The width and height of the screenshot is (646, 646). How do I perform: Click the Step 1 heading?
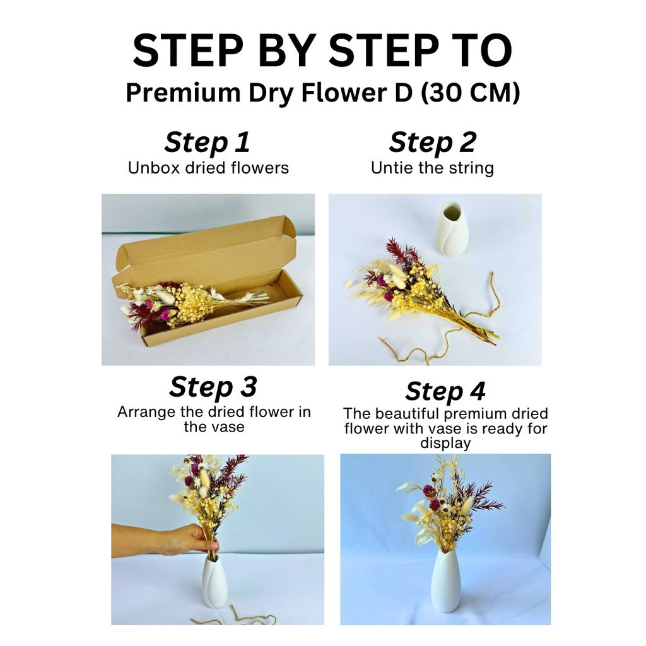pos(207,142)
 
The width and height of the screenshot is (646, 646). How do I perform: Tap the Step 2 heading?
pos(432,142)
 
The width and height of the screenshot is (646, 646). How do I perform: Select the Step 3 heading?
pos(213,387)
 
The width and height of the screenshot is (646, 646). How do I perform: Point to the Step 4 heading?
pos(445,391)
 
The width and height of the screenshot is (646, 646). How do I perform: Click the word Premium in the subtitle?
pos(183,93)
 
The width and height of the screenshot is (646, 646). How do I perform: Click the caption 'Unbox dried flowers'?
pos(208,168)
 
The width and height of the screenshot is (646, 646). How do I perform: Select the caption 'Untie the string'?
pos(432,168)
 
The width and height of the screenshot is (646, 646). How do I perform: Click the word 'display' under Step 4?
pos(445,443)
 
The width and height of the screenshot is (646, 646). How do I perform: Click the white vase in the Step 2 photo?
pos(452,229)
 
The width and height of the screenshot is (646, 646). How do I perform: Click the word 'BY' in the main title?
pos(287,50)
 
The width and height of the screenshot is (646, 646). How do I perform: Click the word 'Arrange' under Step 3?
pos(146,413)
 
